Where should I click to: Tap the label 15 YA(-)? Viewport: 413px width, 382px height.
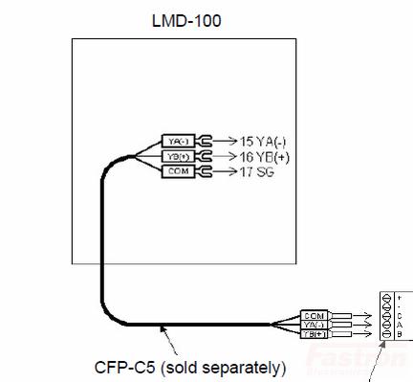(x=256, y=140)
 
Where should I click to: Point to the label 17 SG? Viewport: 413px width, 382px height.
(x=250, y=171)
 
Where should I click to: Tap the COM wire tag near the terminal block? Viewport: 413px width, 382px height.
(x=315, y=315)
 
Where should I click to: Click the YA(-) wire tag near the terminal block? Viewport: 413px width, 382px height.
(x=315, y=325)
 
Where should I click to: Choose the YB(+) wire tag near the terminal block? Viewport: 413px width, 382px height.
(x=315, y=334)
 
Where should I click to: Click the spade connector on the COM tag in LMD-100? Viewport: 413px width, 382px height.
(x=202, y=170)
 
